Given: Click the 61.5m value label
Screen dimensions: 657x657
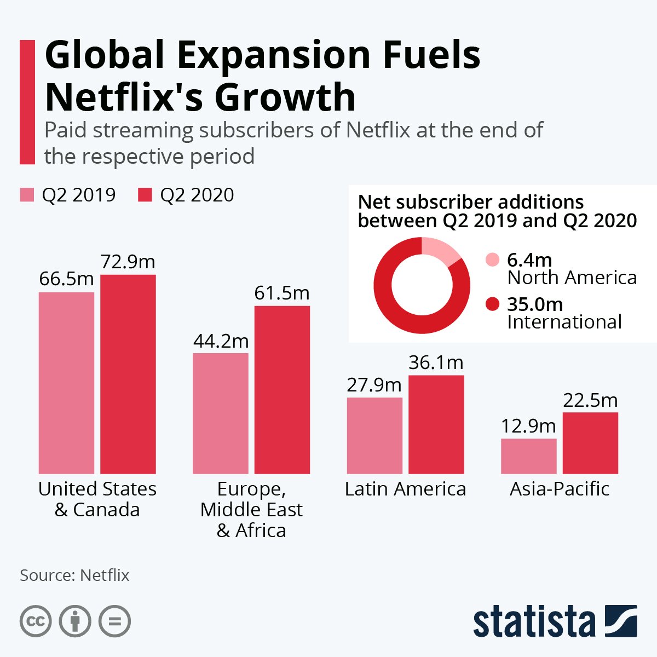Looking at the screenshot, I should click(282, 293).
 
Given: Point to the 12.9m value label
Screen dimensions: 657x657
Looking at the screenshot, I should click(528, 426).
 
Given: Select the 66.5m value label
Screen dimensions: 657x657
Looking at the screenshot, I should click(66, 279).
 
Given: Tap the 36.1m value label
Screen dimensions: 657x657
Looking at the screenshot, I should click(436, 362).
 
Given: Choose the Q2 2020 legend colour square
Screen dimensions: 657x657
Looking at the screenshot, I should click(145, 195).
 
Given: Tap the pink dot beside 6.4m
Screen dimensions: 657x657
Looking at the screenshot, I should click(493, 260).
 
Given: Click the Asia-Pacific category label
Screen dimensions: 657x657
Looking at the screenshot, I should click(560, 489).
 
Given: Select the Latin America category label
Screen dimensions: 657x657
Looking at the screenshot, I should click(405, 489).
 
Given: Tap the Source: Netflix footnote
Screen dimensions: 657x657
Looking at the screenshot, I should click(74, 575).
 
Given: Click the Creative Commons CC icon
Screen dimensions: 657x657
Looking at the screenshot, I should click(36, 621).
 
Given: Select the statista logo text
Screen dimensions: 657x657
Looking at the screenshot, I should click(534, 623).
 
